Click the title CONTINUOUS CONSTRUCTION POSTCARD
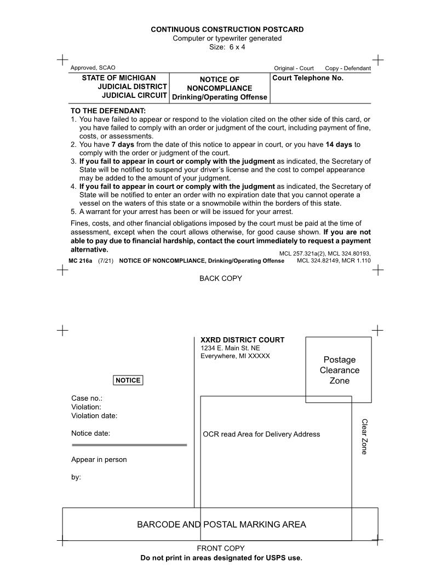pos(227,30)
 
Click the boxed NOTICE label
pos(128,380)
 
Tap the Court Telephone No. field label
pos(308,78)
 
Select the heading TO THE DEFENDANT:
pos(107,111)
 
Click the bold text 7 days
pos(123,144)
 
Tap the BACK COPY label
pos(220,279)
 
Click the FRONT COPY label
pos(220,548)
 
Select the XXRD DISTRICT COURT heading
pos(242,340)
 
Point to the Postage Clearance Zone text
pos(339,370)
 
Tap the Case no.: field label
pos(87,398)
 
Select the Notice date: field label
pos(90,433)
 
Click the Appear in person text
pos(99,460)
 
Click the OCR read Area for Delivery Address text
pos(261,435)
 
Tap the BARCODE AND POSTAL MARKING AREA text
pos(221,525)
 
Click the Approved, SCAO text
pos(93,68)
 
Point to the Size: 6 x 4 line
pos(227,47)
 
